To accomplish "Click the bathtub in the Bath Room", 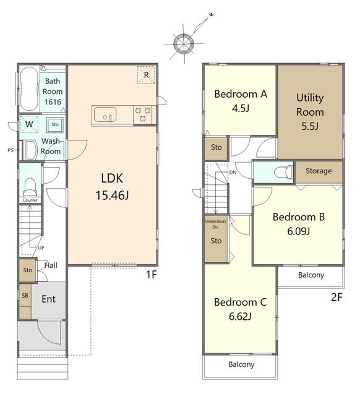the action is tap(30, 89).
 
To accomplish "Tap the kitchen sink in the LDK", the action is tap(105, 115).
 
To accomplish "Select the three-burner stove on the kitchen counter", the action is tap(143, 114).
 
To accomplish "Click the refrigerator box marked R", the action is tap(146, 75).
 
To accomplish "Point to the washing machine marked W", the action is tap(29, 124).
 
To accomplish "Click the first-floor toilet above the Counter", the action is tap(30, 187).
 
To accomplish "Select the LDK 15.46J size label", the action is tap(112, 187).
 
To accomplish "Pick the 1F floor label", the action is tap(152, 275).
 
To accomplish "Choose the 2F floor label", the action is tap(336, 297).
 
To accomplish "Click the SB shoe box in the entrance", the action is tap(25, 296).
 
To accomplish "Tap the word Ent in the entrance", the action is tap(48, 299).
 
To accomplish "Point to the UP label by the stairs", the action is tap(41, 248).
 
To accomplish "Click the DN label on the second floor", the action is tap(233, 173).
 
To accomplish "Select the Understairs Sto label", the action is tap(215, 224).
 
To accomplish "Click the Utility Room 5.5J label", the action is tap(310, 112).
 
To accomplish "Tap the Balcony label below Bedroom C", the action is tap(241, 364).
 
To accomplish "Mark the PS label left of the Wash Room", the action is tap(11, 150).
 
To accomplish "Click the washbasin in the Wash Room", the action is tap(30, 150).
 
